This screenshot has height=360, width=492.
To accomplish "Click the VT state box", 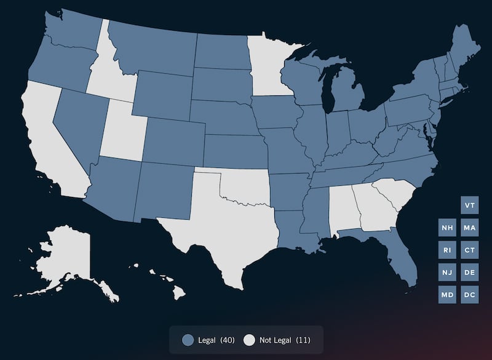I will pos(470,205).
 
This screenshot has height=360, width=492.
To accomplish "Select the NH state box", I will pos(448,228).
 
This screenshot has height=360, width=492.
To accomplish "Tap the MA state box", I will pos(470,228).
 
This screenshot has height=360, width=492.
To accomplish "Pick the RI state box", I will pos(448,250).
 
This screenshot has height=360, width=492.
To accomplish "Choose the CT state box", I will pos(470,250).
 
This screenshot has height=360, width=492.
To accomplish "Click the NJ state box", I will pos(448,272).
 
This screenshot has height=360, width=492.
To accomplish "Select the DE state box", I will pos(470,272).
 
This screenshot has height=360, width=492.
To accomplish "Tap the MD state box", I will pos(448,295).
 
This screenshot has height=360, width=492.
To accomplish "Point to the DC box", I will pos(470,295).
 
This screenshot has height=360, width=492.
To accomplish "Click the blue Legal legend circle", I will pos(188,340).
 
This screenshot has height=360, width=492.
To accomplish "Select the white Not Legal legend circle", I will pos(249,340).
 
